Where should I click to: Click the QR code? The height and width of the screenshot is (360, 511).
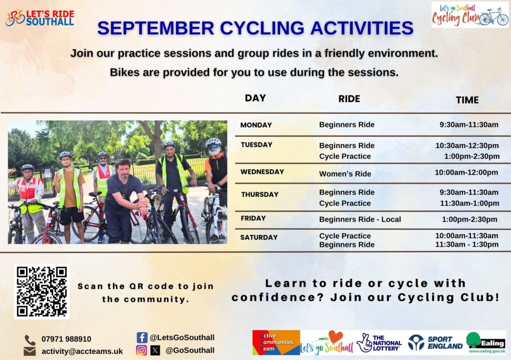coord(42,291)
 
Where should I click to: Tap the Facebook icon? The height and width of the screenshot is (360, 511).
coord(142,338)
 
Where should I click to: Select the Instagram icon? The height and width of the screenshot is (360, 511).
coord(141,350)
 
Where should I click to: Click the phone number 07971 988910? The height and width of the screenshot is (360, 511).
coord(66,339)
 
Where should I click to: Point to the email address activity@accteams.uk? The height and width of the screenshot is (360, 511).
coord(82,351)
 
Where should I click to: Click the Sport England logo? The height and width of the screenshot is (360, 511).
coord(435,343)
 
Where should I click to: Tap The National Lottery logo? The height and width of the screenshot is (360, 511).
coord(379,343)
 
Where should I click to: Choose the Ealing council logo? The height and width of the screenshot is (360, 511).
coord(486,343)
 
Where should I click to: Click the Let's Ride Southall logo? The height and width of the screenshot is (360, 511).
coord(40,17)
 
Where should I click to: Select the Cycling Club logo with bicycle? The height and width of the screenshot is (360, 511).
coord(470,14)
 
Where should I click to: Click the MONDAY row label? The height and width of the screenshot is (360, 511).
coord(256,125)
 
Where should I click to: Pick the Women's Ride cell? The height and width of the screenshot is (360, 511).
coord(345,174)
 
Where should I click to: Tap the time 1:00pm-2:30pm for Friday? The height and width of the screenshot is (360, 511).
coord(470,220)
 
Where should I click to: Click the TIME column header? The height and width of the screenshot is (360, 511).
coord(467,100)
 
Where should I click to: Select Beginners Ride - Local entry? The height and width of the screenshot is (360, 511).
coord(360,220)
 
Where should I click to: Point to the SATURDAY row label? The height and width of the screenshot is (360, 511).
coord(259,237)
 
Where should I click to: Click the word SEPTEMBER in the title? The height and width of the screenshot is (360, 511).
coord(156,28)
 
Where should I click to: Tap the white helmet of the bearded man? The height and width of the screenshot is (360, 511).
coord(213,141)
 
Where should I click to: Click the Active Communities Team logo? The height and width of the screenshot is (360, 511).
coord(276,343)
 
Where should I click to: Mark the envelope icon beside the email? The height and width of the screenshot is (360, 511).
coord(29,351)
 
